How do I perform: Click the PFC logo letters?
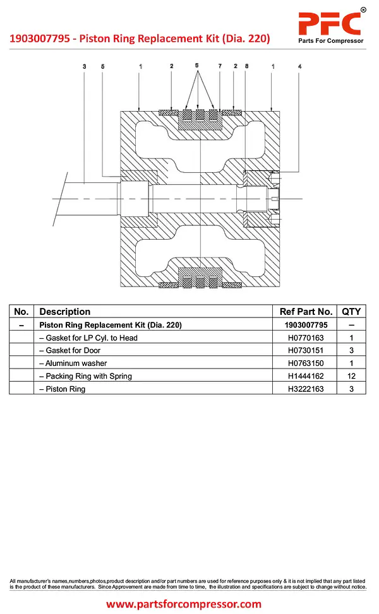click(330, 23)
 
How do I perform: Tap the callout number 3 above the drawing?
click(84, 66)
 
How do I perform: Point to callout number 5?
click(103, 66)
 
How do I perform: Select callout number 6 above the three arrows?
click(196, 66)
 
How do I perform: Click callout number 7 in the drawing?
click(220, 66)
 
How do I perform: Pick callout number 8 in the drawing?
click(246, 66)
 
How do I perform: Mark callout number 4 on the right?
click(300, 66)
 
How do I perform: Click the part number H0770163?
click(306, 338)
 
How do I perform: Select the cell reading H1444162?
click(306, 376)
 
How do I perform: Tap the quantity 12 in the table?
click(351, 376)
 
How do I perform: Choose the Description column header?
click(64, 312)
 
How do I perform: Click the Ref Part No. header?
click(306, 312)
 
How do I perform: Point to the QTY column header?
click(351, 312)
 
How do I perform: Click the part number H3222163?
click(306, 389)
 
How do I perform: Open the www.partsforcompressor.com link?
click(183, 604)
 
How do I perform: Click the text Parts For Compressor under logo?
click(331, 41)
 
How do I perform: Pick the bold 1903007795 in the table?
click(306, 325)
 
